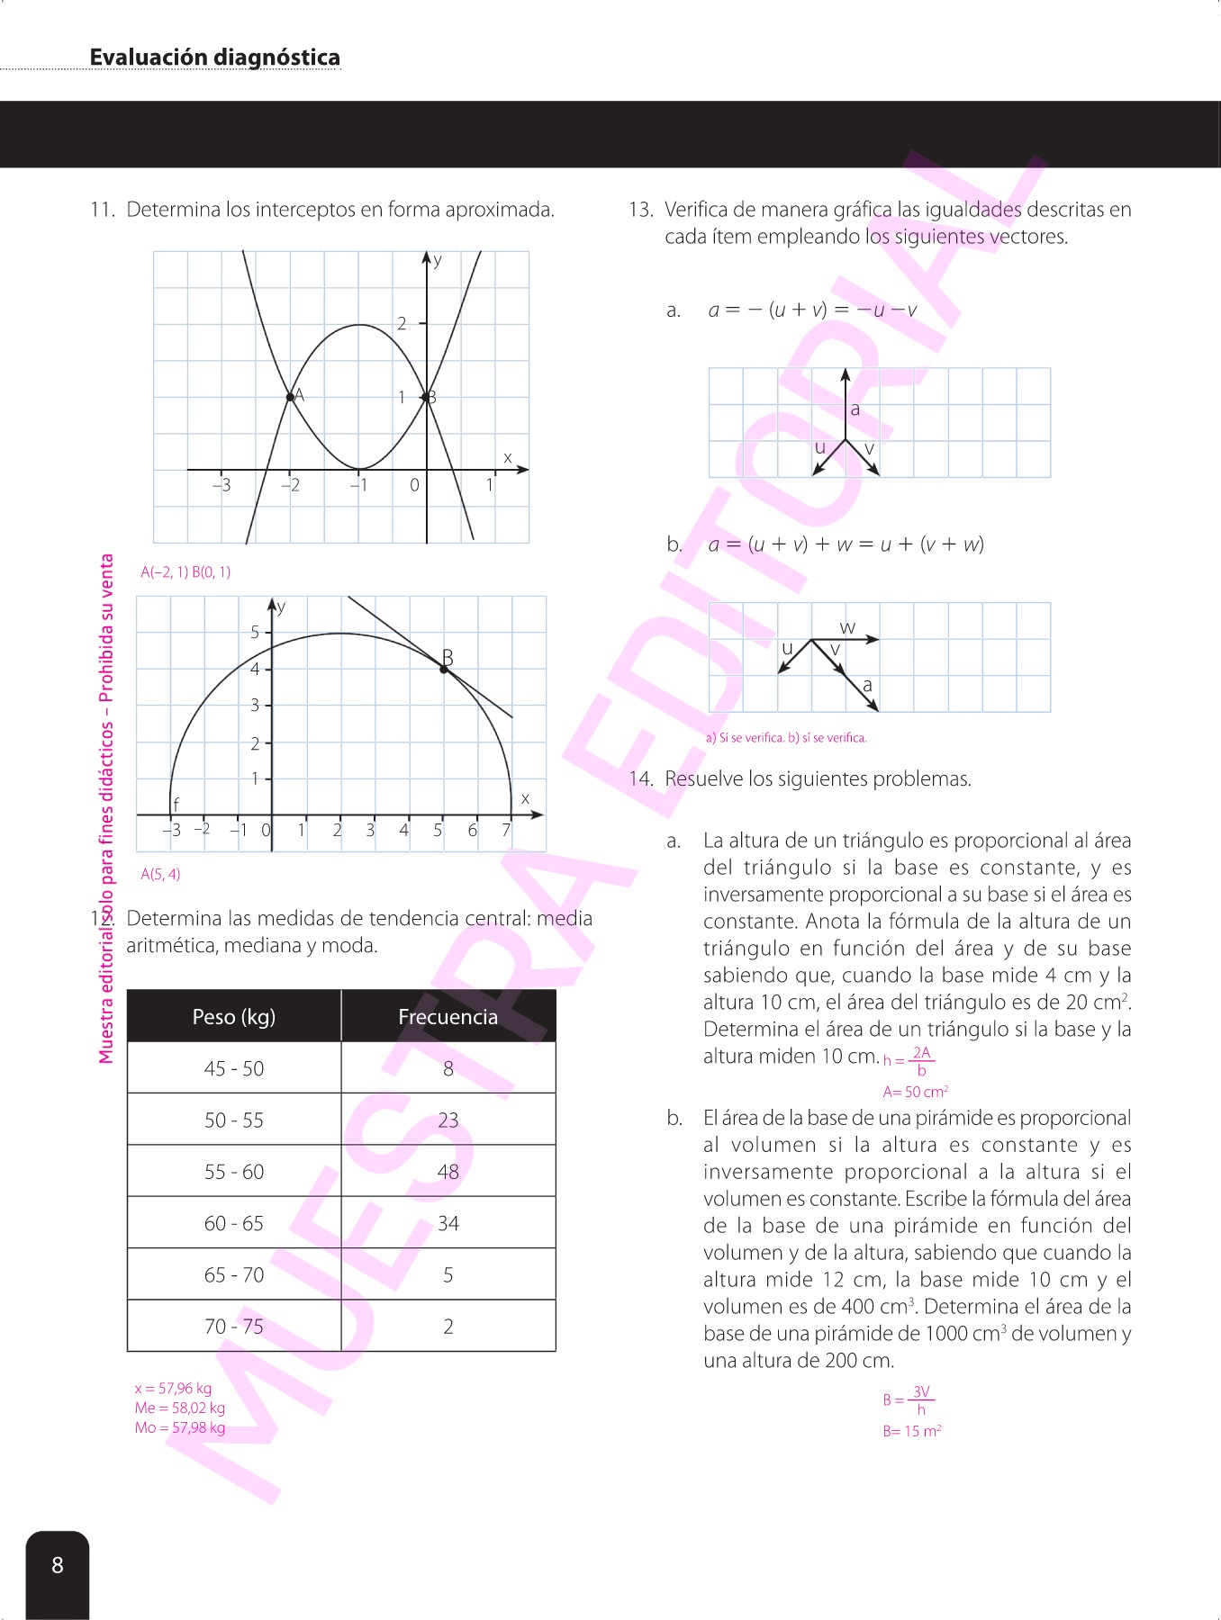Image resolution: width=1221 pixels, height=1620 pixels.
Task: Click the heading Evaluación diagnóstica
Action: coord(214,58)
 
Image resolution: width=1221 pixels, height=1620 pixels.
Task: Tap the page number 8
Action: coord(58,1565)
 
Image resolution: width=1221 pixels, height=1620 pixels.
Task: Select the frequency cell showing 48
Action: coord(448,1172)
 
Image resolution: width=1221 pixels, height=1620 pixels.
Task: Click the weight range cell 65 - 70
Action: coord(234,1275)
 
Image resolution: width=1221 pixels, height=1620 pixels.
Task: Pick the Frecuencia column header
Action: coord(448,1017)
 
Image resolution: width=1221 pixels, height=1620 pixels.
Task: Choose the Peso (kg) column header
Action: coord(234,1017)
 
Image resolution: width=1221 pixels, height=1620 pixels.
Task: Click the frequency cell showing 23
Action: coord(448,1120)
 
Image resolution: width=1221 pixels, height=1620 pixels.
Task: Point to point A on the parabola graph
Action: coord(290,397)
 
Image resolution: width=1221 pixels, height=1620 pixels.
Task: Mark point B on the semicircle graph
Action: coord(444,669)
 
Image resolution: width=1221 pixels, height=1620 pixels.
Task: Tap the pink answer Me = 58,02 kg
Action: coord(180,1408)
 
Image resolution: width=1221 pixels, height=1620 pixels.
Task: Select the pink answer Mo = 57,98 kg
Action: coord(180,1428)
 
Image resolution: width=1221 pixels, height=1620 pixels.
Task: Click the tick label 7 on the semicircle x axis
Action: coord(506,831)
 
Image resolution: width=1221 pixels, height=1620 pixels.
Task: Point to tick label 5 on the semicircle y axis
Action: coord(255,633)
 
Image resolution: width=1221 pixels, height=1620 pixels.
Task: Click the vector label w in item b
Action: coord(847,627)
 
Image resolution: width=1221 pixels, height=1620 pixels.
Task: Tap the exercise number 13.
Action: coord(640,211)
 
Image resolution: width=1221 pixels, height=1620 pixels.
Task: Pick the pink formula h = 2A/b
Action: coord(909,1061)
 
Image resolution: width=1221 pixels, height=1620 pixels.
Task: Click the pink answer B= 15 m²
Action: coord(911,1432)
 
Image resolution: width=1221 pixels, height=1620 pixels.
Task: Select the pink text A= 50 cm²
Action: coord(915,1093)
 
